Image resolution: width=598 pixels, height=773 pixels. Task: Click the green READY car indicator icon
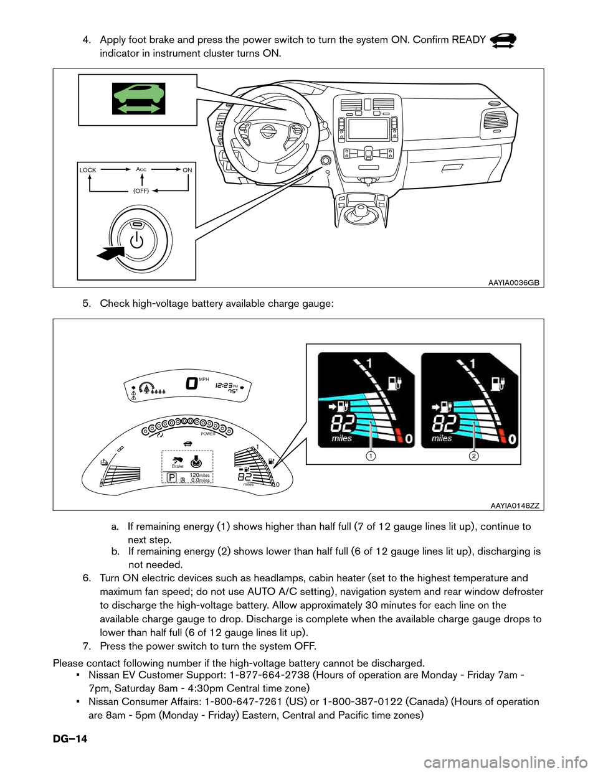(x=139, y=98)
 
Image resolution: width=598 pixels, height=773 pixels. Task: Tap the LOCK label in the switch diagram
(x=88, y=171)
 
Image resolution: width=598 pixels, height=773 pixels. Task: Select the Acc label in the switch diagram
(x=141, y=169)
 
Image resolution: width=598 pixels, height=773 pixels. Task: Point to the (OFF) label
(x=141, y=191)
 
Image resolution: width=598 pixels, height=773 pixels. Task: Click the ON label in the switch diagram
(x=187, y=171)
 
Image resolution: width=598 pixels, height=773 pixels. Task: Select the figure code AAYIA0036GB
(x=513, y=283)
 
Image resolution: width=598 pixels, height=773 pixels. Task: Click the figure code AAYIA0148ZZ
(x=515, y=505)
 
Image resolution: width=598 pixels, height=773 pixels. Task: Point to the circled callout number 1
(x=371, y=456)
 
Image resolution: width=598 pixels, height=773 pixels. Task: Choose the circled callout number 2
(x=474, y=456)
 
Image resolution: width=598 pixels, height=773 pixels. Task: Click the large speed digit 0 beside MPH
(x=192, y=383)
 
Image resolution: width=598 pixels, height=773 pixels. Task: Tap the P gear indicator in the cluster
(x=171, y=478)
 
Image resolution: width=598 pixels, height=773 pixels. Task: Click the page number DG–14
(x=70, y=739)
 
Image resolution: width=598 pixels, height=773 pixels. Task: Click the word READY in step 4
(x=468, y=40)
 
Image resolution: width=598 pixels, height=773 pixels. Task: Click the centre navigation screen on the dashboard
(x=368, y=129)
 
